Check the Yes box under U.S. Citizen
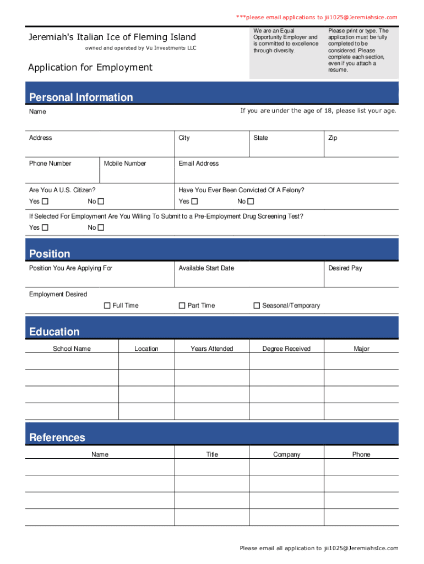pyautogui.click(x=45, y=202)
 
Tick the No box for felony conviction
pyautogui.click(x=251, y=202)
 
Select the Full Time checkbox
pyautogui.click(x=107, y=306)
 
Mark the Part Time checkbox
pyautogui.click(x=182, y=306)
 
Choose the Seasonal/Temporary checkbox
pyautogui.click(x=257, y=306)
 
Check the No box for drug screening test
pyautogui.click(x=101, y=227)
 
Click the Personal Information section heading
pyautogui.click(x=81, y=97)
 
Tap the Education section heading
pyautogui.click(x=54, y=332)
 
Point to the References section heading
pyautogui.click(x=57, y=437)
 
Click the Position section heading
pyautogui.click(x=50, y=254)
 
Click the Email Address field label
pyautogui.click(x=198, y=164)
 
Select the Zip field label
pyautogui.click(x=333, y=138)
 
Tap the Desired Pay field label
pyautogui.click(x=345, y=268)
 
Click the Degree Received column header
pyautogui.click(x=286, y=349)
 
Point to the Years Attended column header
pyautogui.click(x=212, y=349)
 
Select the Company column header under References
pyautogui.click(x=287, y=454)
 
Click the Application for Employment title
pyautogui.click(x=90, y=67)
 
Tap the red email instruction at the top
pyautogui.click(x=317, y=18)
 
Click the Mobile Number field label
pyautogui.click(x=125, y=164)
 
